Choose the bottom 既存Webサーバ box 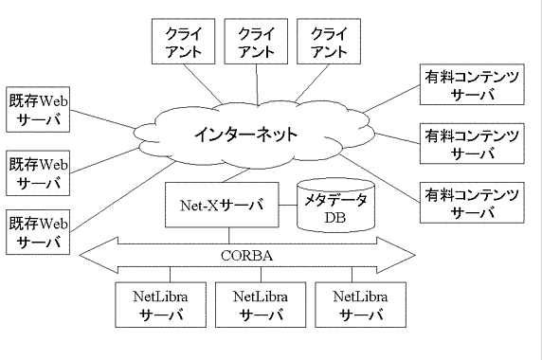(x=39, y=232)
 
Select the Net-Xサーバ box (x=222, y=204)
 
